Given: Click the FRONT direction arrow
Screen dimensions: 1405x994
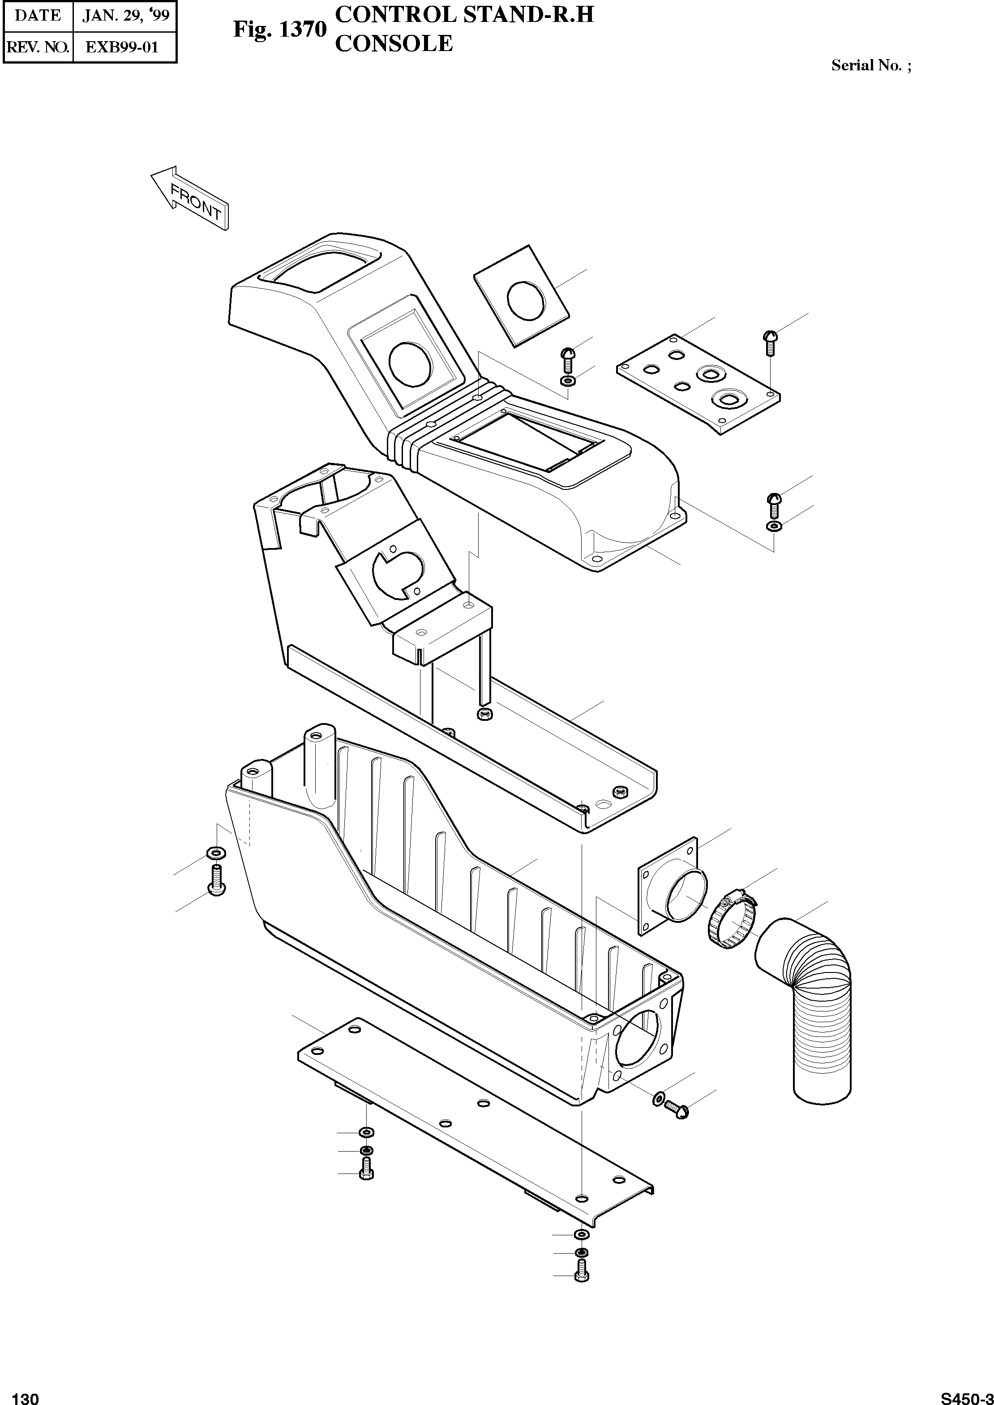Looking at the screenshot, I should [x=190, y=197].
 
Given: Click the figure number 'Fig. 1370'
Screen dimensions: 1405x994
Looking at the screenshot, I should [x=280, y=30].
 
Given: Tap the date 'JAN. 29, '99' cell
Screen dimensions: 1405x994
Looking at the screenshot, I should [x=125, y=15].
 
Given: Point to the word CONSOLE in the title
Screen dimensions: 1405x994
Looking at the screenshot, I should [x=394, y=43].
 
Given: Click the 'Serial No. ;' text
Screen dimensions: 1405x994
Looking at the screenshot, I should [x=871, y=65].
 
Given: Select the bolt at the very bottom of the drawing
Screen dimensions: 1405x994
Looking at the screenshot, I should [x=582, y=1272].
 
